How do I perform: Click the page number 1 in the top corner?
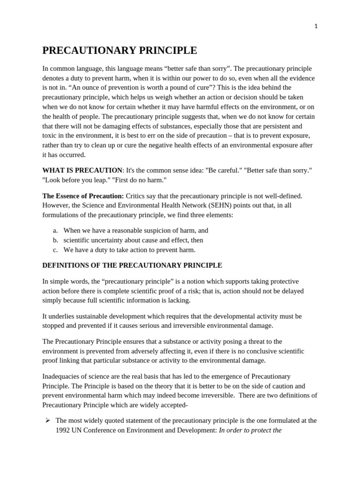pyautogui.click(x=316, y=26)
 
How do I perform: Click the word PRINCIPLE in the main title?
pyautogui.click(x=160, y=51)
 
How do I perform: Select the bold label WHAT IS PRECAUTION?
pyautogui.click(x=82, y=170)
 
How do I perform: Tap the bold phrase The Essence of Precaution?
pyautogui.click(x=83, y=196)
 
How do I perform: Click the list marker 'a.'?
pyautogui.click(x=55, y=231)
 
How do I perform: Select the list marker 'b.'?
pyautogui.click(x=55, y=240)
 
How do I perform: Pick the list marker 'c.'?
pyautogui.click(x=55, y=250)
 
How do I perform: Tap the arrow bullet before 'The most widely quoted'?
pyautogui.click(x=47, y=420)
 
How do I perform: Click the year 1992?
pyautogui.click(x=64, y=430)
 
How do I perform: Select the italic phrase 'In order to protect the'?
pyautogui.click(x=250, y=430)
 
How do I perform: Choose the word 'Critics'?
pyautogui.click(x=136, y=196)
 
